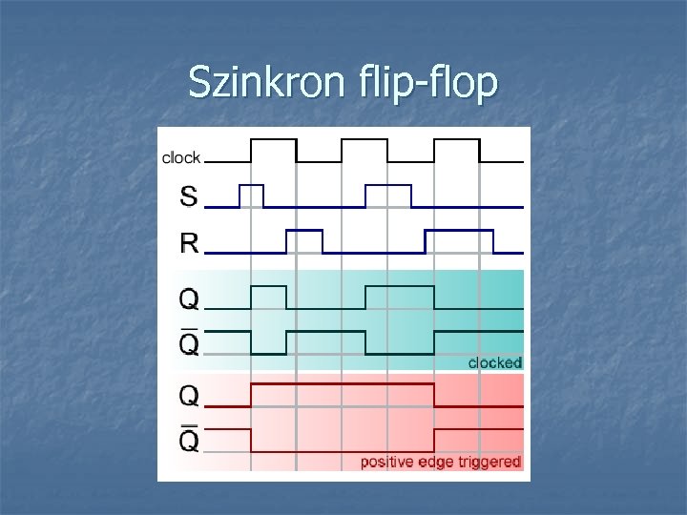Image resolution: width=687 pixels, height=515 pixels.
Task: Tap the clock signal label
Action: (181, 157)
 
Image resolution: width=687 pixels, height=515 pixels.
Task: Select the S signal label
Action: (189, 197)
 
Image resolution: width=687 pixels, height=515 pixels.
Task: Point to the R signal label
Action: (190, 243)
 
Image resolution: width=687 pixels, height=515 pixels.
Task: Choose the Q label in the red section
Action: (190, 395)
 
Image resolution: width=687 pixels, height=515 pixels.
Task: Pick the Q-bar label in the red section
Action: (190, 440)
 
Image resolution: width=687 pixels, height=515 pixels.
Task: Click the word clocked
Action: (494, 362)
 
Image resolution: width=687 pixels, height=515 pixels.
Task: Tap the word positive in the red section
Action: (385, 462)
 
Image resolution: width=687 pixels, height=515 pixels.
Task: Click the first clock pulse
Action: (274, 151)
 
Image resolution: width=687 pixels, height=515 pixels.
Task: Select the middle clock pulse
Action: (364, 151)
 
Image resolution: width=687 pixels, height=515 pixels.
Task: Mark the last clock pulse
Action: (456, 151)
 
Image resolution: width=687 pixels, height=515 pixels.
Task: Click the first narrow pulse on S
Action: (251, 196)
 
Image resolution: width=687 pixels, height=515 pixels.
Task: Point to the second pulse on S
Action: (388, 196)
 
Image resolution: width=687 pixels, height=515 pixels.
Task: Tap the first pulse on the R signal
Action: (304, 241)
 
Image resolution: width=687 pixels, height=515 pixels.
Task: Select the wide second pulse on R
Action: (459, 241)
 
